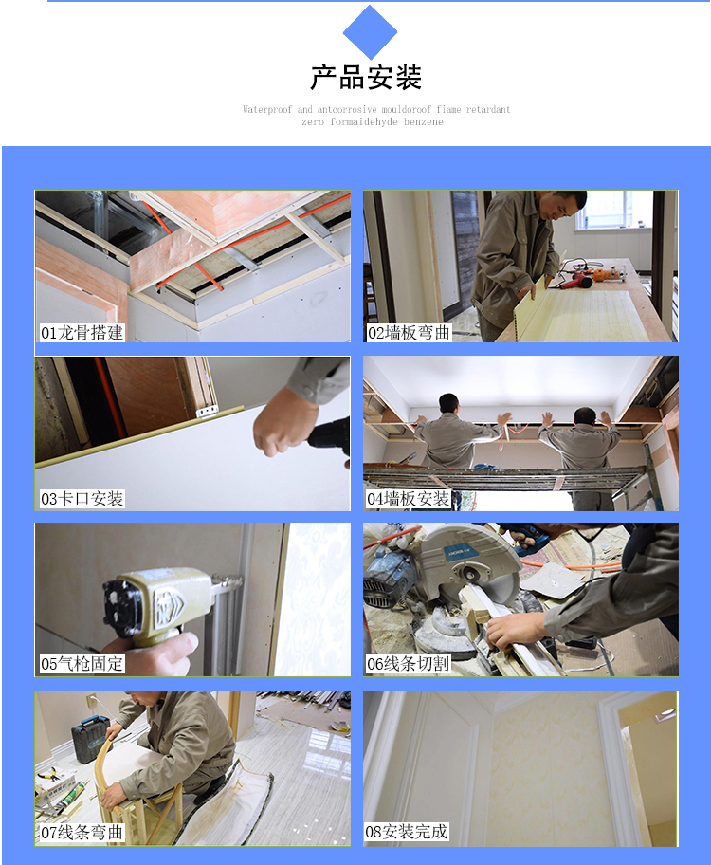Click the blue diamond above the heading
click(x=370, y=32)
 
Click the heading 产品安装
click(x=366, y=77)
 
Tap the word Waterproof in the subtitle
click(x=267, y=109)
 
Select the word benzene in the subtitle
click(x=423, y=122)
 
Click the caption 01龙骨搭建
click(x=82, y=333)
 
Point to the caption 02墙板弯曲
click(x=410, y=333)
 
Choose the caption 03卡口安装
click(x=82, y=499)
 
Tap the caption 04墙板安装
click(x=409, y=499)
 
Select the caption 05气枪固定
click(x=82, y=664)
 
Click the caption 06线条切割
click(x=409, y=664)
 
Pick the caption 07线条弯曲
click(x=82, y=832)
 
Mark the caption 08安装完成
click(x=407, y=832)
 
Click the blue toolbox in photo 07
click(x=90, y=738)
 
